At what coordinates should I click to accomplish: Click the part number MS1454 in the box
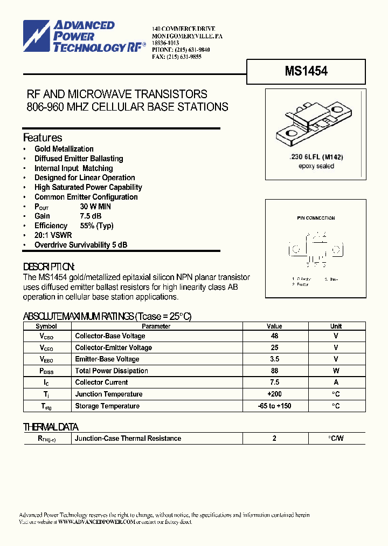click(306, 71)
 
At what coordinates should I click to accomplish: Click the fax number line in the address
click(177, 57)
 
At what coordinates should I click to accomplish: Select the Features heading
click(43, 138)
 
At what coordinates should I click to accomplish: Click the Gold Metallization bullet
click(64, 149)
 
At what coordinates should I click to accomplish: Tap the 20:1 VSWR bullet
click(53, 235)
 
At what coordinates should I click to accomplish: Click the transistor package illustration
click(315, 125)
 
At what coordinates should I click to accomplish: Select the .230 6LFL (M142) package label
click(316, 157)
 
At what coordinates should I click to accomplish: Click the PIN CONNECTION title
click(316, 218)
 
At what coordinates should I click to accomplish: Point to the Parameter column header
click(156, 326)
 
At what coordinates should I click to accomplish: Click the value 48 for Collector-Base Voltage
click(274, 336)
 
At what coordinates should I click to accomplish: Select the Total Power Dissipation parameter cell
click(112, 371)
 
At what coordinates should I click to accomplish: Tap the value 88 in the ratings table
click(274, 371)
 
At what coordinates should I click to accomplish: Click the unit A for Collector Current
click(336, 383)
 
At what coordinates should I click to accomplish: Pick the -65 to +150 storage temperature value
click(274, 406)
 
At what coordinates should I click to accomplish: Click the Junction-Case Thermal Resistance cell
click(128, 439)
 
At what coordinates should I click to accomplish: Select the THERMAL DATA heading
click(51, 427)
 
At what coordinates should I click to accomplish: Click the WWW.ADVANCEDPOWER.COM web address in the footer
click(96, 522)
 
